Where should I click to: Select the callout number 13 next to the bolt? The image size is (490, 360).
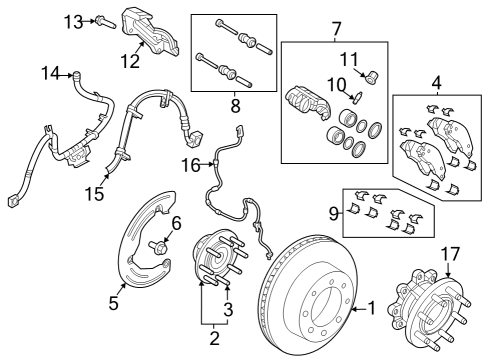pyautogui.click(x=73, y=21)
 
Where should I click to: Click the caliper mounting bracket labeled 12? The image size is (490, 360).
pyautogui.click(x=148, y=32)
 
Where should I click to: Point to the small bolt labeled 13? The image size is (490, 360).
pyautogui.click(x=104, y=20)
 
